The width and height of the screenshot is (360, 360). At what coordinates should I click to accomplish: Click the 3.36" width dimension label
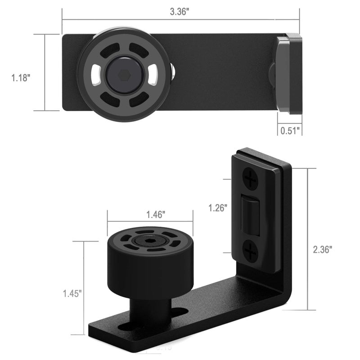coord(180,12)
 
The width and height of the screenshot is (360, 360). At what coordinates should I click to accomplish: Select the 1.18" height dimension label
coord(21,78)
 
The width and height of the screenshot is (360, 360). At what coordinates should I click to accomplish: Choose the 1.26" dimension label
coord(218,208)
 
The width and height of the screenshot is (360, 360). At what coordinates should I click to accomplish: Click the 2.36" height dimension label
coord(323,249)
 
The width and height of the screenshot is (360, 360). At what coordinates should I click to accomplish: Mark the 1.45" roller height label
coord(72,293)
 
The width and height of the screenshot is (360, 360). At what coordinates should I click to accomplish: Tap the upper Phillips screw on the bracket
coord(250,179)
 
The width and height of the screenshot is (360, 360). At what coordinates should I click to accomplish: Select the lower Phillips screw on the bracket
coord(250,251)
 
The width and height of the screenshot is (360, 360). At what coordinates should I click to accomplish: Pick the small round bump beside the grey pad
coord(271,73)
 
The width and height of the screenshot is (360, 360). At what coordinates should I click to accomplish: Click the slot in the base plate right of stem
coord(179,311)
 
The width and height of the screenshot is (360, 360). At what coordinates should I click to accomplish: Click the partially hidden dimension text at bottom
coord(164,347)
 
